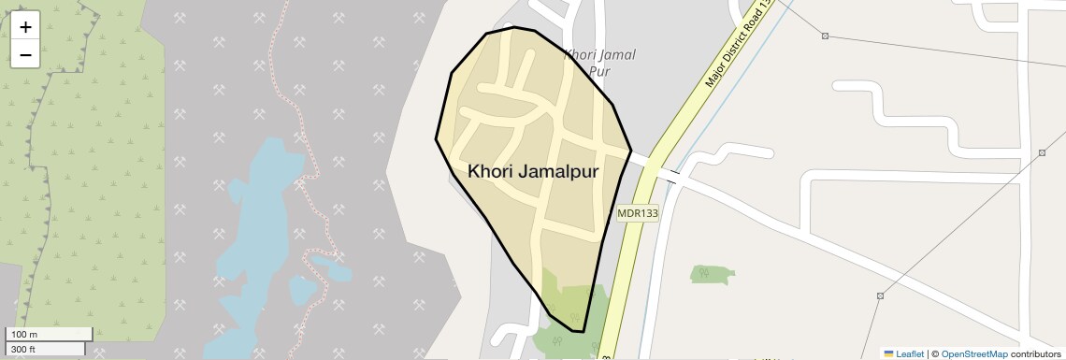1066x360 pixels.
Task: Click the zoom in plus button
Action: [x=25, y=27]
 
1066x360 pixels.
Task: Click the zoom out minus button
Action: [x=25, y=54]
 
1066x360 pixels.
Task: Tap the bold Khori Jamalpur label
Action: [x=533, y=172]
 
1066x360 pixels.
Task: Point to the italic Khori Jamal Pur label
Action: [x=599, y=62]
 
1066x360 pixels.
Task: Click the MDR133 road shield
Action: [x=638, y=213]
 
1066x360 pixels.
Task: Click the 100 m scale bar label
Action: [x=25, y=334]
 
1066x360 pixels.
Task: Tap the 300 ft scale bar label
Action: [x=24, y=349]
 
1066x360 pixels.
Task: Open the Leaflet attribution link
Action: [x=902, y=353]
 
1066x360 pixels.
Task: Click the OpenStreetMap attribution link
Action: [x=973, y=353]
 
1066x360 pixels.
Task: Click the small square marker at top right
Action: [x=825, y=36]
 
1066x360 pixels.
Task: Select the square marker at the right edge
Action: [x=1041, y=152]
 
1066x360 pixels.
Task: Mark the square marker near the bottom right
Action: [x=880, y=295]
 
